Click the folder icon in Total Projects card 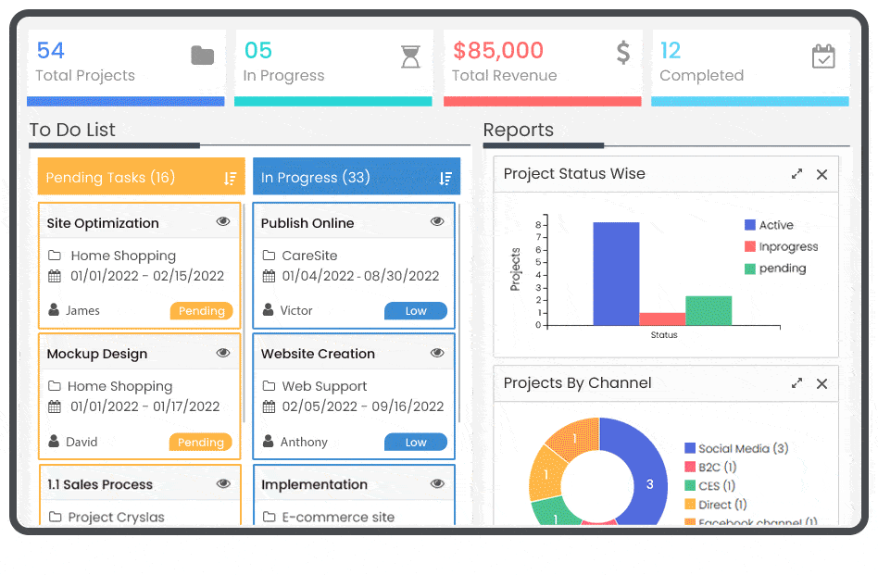coord(202,56)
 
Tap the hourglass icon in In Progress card coord(410,56)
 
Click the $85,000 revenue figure coord(498,50)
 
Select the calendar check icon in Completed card coord(823,56)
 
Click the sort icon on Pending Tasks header coord(231,178)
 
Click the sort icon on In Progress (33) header coord(445,178)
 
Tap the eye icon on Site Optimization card coord(223,222)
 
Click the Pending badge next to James coord(201,311)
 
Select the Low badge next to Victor coord(415,311)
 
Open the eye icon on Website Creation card coord(437,354)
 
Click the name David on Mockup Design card coord(82,443)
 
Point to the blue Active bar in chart coord(616,274)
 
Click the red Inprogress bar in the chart coord(662,319)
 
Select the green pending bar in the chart coord(709,310)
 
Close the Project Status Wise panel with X coord(822,174)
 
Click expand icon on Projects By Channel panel coord(796,383)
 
